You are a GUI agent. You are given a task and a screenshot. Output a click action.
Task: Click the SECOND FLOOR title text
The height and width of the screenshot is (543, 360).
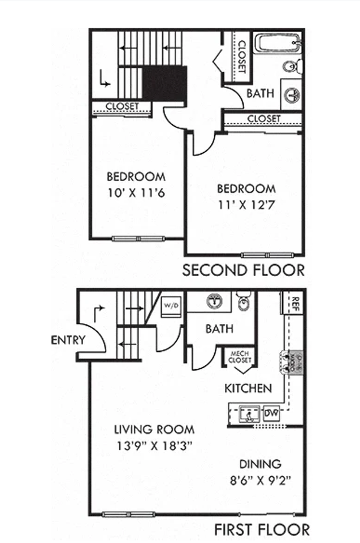click(x=243, y=270)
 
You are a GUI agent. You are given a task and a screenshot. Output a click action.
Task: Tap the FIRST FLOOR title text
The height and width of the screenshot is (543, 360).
click(x=262, y=529)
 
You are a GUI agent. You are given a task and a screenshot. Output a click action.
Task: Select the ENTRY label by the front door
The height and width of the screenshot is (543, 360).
click(x=68, y=340)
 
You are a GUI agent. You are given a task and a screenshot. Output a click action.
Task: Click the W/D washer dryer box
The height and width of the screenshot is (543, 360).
click(x=170, y=306)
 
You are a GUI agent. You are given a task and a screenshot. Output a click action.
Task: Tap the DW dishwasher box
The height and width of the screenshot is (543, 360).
click(x=272, y=413)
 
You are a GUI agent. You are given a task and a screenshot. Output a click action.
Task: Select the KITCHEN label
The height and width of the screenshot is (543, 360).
click(x=248, y=389)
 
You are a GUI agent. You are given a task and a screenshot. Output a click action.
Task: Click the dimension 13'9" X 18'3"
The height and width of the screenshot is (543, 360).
click(x=154, y=445)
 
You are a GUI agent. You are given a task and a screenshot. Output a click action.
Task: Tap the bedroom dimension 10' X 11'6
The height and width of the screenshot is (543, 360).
click(x=136, y=192)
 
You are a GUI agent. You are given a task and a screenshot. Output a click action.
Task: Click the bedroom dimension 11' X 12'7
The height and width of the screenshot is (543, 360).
click(x=246, y=205)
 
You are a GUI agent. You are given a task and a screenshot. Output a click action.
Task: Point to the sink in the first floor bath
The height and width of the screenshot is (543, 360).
click(x=215, y=301)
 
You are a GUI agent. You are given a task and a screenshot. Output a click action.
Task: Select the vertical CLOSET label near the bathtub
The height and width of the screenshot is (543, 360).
click(x=241, y=57)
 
